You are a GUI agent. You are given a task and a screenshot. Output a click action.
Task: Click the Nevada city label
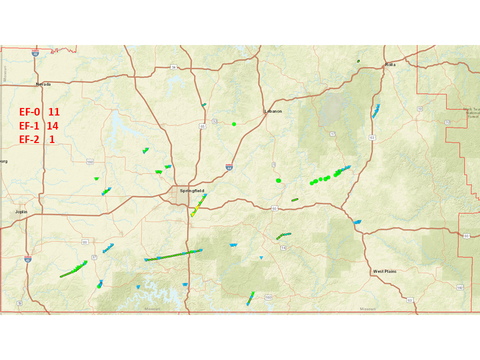point(43,84)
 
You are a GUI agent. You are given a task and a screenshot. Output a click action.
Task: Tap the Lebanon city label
point(273,111)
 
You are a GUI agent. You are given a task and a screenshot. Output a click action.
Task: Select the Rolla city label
point(390,65)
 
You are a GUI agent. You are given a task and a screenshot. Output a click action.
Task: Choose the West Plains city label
point(384,271)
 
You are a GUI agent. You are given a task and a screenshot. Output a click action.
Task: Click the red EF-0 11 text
point(39,112)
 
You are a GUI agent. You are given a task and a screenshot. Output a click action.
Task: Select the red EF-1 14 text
point(39,126)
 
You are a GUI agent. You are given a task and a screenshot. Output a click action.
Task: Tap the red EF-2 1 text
point(37,139)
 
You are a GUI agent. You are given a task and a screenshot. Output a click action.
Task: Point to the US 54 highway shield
point(174,66)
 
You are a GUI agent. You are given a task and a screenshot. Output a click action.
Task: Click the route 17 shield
point(332,133)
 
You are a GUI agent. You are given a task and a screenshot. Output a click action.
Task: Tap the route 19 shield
point(419,108)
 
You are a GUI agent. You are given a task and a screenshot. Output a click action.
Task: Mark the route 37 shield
point(93,257)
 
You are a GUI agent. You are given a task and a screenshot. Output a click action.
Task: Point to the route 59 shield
point(19,303)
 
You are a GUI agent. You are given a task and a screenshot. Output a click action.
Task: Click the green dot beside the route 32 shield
point(233,123)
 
